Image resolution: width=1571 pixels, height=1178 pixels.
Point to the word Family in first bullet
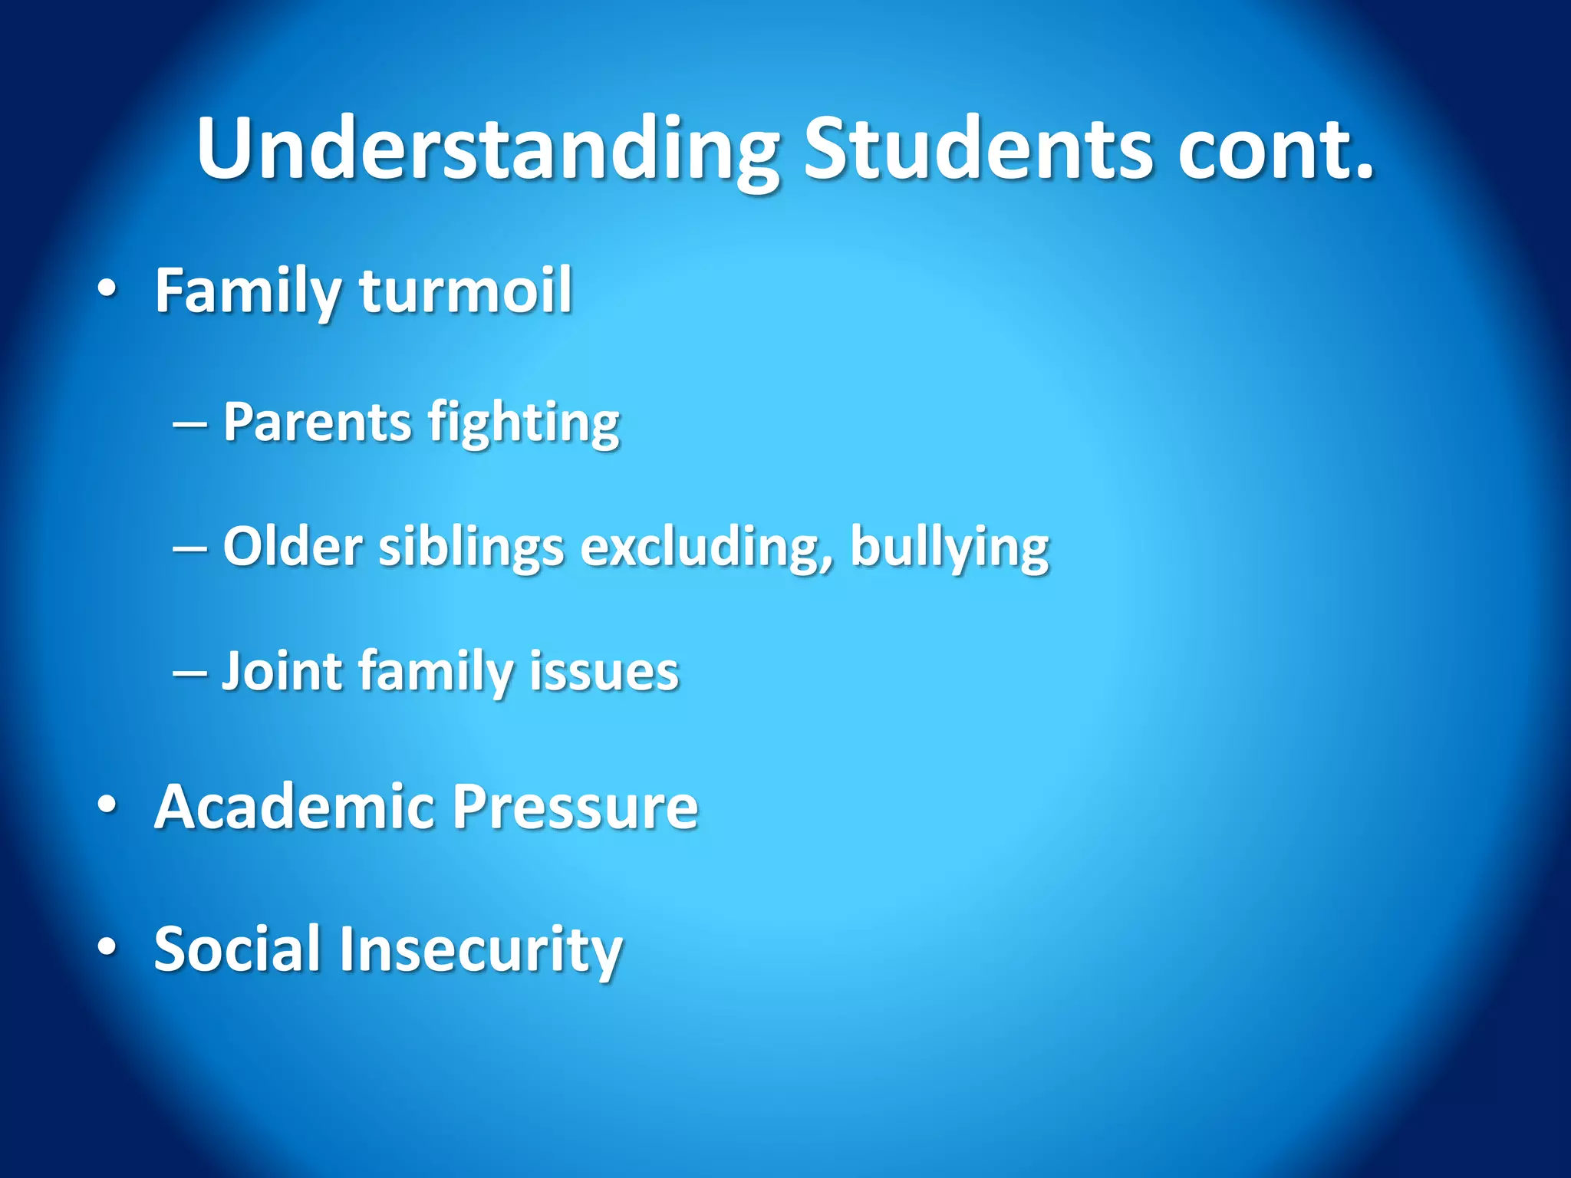(x=247, y=291)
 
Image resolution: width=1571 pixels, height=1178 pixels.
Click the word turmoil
(x=466, y=291)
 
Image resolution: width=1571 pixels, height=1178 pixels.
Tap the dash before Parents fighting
(x=189, y=423)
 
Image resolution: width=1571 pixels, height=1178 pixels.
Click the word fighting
(x=524, y=423)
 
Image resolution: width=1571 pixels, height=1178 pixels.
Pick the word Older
(x=292, y=547)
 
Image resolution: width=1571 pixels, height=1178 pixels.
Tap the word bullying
(x=950, y=547)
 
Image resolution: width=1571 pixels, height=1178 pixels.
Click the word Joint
(x=282, y=671)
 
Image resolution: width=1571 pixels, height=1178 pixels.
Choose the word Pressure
(x=575, y=807)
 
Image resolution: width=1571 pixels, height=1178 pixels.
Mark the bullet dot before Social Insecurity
(x=107, y=948)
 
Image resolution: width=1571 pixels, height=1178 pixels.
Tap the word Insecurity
(x=480, y=949)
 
